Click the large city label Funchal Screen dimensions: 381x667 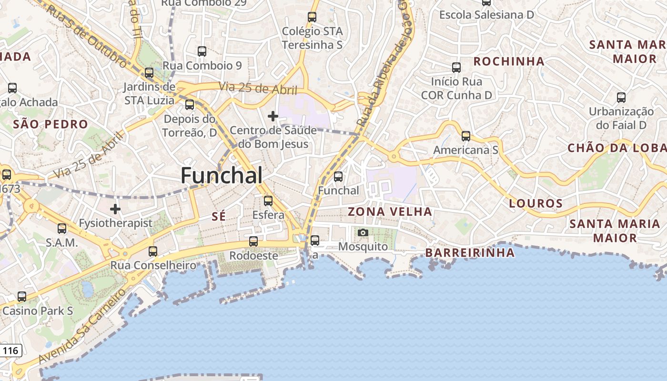222,176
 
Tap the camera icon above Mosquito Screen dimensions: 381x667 363,233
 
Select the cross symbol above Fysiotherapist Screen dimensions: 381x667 115,209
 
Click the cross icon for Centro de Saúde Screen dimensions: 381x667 273,116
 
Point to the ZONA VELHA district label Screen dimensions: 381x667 390,211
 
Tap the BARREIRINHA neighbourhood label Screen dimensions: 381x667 470,252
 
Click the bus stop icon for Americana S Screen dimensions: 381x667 466,136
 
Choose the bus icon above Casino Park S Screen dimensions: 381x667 22,297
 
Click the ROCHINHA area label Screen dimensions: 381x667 509,61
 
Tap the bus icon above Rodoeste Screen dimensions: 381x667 253,241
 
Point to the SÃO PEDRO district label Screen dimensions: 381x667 51,125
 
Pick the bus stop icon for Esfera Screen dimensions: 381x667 268,201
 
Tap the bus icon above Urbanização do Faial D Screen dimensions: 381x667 621,98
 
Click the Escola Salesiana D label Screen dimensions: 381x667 486,15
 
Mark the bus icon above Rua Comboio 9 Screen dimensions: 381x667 202,51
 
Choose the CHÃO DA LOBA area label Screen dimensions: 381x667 617,148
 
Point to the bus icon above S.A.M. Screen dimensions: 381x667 62,229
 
